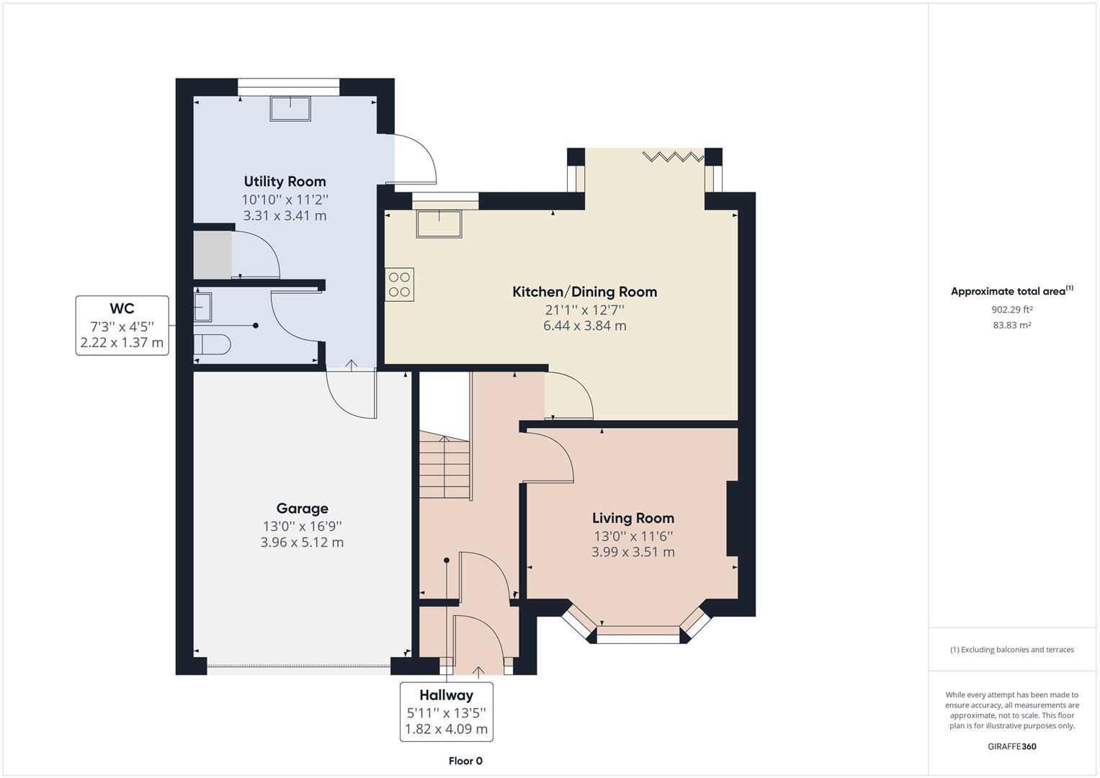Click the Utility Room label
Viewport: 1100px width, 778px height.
pyautogui.click(x=285, y=182)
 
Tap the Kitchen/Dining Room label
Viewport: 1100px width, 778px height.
pyautogui.click(x=584, y=292)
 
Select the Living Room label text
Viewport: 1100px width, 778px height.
pyautogui.click(x=632, y=518)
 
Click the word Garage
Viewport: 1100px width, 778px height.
pyautogui.click(x=302, y=509)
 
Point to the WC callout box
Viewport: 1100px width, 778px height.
pyautogui.click(x=122, y=326)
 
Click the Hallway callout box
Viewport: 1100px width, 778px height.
pyautogui.click(x=446, y=712)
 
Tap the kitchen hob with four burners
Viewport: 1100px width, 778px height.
pyautogui.click(x=399, y=284)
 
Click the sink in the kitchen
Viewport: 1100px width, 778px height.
pyautogui.click(x=439, y=224)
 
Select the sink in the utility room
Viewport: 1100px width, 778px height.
pyautogui.click(x=291, y=108)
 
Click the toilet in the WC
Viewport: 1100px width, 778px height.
pyautogui.click(x=211, y=345)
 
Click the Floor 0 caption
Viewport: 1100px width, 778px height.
pyautogui.click(x=465, y=761)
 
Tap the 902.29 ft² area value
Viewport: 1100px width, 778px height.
pyautogui.click(x=1011, y=310)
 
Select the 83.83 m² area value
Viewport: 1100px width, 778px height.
pyautogui.click(x=1011, y=325)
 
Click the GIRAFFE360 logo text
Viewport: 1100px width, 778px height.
pyautogui.click(x=1011, y=746)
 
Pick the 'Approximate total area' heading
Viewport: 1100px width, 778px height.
pyautogui.click(x=1011, y=292)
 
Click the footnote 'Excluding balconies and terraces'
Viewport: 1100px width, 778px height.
pyautogui.click(x=1011, y=650)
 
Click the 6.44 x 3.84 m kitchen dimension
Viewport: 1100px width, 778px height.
pyautogui.click(x=584, y=326)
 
